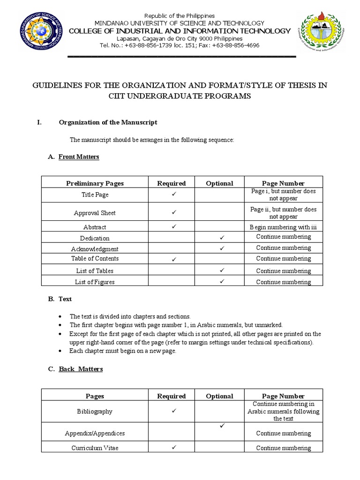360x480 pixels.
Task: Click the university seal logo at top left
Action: [x=42, y=33]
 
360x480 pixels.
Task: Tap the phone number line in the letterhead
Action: [x=179, y=45]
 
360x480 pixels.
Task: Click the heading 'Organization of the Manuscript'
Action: [x=108, y=122]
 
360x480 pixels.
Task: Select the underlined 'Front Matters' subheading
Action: [x=79, y=157]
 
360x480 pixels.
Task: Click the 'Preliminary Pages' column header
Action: [x=95, y=183]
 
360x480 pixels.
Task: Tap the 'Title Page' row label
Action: [x=95, y=195]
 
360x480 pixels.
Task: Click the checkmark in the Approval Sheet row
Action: [x=172, y=212]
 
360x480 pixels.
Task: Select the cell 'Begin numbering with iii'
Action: [x=284, y=227]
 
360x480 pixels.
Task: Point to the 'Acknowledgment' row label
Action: [x=95, y=249]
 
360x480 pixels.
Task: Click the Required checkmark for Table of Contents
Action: [x=172, y=259]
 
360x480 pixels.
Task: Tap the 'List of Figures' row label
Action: [x=95, y=282]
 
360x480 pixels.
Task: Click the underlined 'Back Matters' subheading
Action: [x=81, y=369]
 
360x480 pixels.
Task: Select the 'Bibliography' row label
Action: [x=95, y=411]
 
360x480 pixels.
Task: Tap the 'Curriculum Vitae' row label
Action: [x=95, y=448]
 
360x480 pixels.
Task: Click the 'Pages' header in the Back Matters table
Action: [x=95, y=396]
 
